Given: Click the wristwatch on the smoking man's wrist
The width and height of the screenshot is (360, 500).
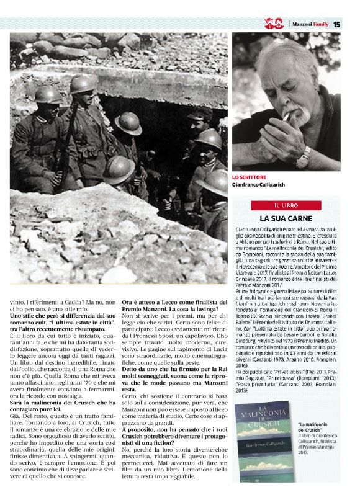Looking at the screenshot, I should tap(305, 154).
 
